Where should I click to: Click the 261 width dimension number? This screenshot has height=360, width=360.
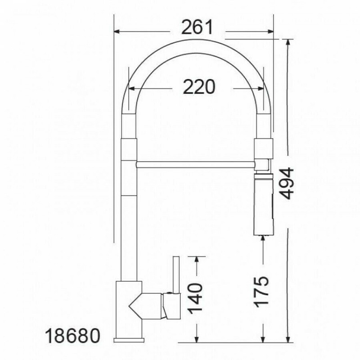click(x=197, y=27)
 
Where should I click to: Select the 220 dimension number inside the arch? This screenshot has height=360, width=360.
click(x=199, y=87)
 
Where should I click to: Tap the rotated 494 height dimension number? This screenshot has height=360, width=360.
click(x=287, y=183)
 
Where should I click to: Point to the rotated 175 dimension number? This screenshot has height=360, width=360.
click(x=261, y=291)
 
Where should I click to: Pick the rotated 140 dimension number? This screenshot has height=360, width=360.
click(x=195, y=298)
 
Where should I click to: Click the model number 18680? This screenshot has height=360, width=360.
click(x=73, y=336)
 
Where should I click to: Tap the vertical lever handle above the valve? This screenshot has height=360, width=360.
click(x=176, y=275)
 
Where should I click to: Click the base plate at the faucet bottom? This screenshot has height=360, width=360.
click(x=129, y=340)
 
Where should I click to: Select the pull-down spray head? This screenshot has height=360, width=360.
click(x=263, y=205)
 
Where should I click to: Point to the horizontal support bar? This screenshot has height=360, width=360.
click(x=195, y=165)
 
